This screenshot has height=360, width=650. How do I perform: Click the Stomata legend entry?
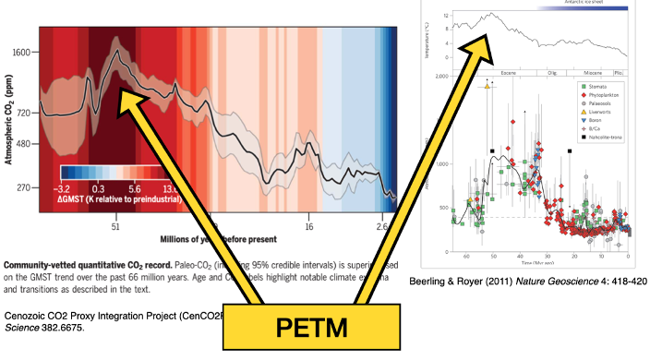click(599, 85)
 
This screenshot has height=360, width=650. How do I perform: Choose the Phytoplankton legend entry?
click(606, 95)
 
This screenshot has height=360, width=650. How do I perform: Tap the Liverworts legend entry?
click(601, 115)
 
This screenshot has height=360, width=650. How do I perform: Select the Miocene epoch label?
click(589, 71)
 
